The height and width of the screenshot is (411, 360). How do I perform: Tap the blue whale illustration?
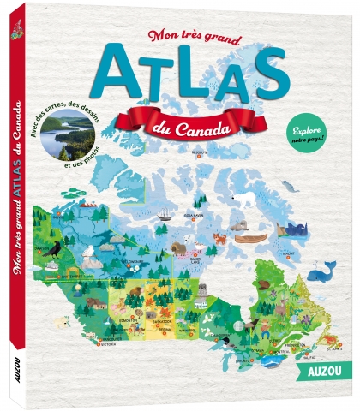point(321,273)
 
